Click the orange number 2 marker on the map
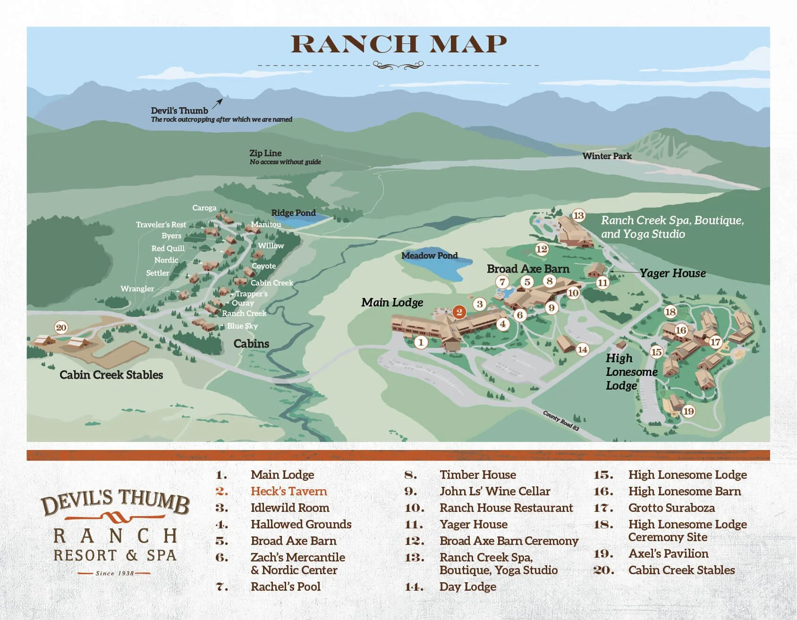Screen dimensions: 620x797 [x=459, y=312]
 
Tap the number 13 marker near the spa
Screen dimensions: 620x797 [x=578, y=216]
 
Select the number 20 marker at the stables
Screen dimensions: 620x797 [x=61, y=328]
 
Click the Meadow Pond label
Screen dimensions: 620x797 [x=429, y=255]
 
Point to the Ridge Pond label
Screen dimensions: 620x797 [x=293, y=213]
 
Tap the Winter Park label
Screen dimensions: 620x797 [x=607, y=156]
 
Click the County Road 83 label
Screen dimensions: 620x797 [x=560, y=420]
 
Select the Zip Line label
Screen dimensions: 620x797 [x=265, y=153]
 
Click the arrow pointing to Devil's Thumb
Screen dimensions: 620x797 [x=218, y=103]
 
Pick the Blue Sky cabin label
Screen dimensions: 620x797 [x=242, y=326]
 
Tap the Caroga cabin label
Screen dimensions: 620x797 [x=204, y=208]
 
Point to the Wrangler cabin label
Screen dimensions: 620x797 [x=137, y=289]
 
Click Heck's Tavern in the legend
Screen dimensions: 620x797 [x=288, y=491]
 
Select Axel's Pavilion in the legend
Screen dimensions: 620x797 [x=668, y=553]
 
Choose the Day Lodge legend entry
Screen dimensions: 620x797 [x=467, y=586]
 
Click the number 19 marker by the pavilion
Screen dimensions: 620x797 [x=688, y=411]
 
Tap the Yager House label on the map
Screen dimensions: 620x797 [x=672, y=273]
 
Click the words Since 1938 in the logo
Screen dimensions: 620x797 [x=115, y=573]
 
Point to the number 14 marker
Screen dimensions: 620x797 [x=582, y=349]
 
